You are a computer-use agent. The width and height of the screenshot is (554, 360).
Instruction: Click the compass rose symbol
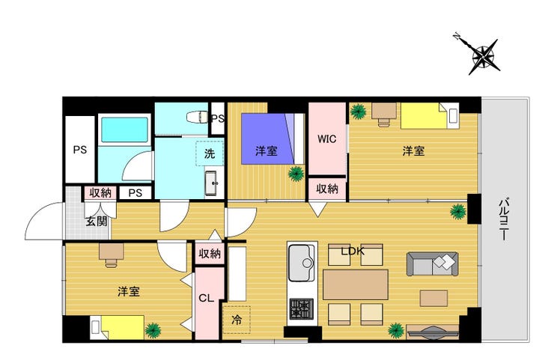483,57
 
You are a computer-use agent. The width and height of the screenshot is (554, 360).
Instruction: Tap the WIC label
327,139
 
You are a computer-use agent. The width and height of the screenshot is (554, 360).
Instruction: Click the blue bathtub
124,129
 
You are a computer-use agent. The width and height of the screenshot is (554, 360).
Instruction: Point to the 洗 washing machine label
210,153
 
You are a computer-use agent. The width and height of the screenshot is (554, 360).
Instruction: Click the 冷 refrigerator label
237,320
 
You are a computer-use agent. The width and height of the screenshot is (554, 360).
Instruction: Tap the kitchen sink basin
302,263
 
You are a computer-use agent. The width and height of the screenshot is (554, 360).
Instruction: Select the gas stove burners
302,309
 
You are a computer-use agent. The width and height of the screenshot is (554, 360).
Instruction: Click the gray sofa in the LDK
433,264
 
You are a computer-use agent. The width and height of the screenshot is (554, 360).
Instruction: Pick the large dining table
356,284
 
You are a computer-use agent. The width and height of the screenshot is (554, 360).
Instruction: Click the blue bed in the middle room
267,138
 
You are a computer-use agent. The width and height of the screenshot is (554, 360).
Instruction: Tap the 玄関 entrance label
97,222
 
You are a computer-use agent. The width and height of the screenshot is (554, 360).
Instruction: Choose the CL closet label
207,298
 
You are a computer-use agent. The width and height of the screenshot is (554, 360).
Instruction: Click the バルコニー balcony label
504,220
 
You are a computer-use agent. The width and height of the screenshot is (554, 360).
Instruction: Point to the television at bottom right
433,332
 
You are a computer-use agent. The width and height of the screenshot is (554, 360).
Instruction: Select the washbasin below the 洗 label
211,183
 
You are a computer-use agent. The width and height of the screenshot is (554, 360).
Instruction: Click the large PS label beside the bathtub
80,150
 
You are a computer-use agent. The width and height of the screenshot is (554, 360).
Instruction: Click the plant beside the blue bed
296,174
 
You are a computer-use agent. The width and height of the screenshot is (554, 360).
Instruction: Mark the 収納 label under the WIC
327,189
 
